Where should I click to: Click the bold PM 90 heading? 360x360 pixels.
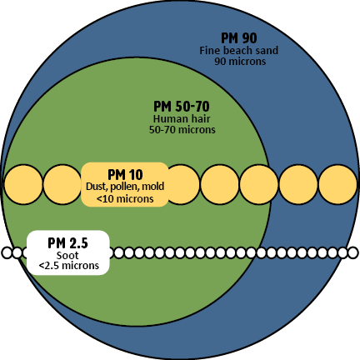coord(239,38)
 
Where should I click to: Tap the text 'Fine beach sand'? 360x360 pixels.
coord(239,51)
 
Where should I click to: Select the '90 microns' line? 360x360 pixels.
coord(240,62)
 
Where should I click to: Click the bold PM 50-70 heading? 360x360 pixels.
coord(182,107)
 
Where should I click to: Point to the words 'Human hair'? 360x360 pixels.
coord(182,119)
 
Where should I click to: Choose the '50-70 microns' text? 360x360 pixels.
coord(182,130)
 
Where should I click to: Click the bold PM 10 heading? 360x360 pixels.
coord(125,175)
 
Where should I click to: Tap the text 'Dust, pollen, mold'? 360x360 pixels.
coord(125,187)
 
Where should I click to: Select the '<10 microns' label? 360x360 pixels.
coord(125,199)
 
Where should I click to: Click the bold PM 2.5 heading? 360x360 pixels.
coord(67,243)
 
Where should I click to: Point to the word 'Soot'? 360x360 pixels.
coord(67,255)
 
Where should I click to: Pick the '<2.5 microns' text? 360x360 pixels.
coord(69,266)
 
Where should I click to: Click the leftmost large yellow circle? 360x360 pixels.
coord(23,184)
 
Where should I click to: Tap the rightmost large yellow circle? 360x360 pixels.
coord(337,184)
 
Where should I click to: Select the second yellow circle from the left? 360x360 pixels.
coord(62,184)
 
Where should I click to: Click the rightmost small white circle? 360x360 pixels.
coord(353,252)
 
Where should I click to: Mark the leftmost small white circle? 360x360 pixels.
coord(7,252)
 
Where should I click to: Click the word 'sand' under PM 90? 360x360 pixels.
coord(267,51)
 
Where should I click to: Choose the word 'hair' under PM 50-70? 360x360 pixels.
coord(200,119)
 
